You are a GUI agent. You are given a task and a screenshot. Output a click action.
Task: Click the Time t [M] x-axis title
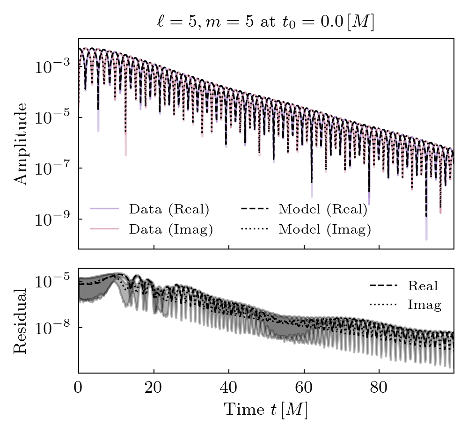[265, 410]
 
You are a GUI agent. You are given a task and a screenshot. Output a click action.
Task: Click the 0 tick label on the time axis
[79, 389]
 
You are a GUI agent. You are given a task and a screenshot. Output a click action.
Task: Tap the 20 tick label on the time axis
[154, 389]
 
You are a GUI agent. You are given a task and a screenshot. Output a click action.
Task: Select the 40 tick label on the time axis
[228, 389]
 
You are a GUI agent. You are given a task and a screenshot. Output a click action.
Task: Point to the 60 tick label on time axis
[304, 389]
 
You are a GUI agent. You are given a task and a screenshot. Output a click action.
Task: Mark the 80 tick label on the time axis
[379, 389]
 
